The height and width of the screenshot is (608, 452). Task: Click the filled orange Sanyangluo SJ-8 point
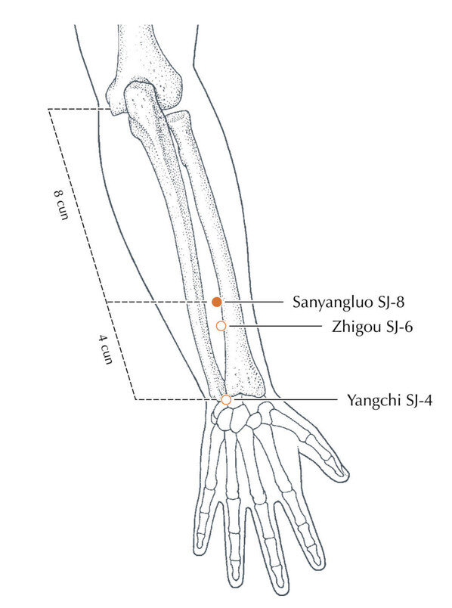[217, 302]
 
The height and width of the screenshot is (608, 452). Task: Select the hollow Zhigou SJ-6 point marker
[221, 326]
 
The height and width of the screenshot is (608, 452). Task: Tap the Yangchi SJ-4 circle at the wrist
[226, 399]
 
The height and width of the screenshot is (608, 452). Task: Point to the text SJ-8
[390, 302]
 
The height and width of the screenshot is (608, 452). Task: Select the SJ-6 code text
[399, 327]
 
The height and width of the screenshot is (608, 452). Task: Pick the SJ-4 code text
[419, 400]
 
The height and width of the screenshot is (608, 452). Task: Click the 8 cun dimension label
[60, 205]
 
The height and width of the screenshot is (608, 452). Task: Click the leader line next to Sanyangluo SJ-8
[253, 302]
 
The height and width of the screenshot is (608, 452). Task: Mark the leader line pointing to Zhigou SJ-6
[275, 326]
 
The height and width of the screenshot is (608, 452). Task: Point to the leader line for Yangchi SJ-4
[284, 399]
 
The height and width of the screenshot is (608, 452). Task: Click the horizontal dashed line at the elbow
[79, 109]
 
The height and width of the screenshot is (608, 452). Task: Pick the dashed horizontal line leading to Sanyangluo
[158, 302]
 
